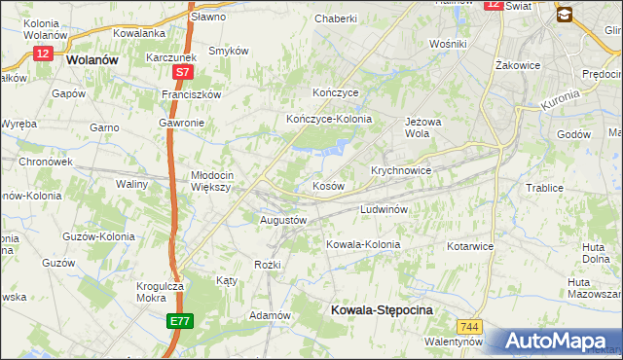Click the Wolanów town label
click(92, 58)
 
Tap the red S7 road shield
click(183, 72)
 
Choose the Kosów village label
click(328, 185)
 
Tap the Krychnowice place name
click(401, 169)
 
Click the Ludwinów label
click(389, 209)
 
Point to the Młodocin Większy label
click(210, 181)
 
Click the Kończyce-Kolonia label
click(329, 119)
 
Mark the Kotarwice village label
click(470, 246)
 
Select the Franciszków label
click(192, 94)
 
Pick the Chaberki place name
click(337, 18)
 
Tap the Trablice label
click(544, 188)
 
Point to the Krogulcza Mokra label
click(162, 294)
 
